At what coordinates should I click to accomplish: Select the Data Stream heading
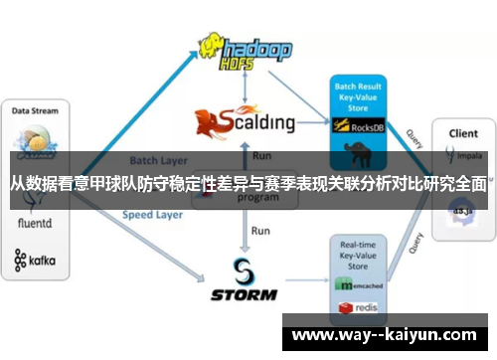pos(35,111)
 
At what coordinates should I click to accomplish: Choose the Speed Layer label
pos(151,214)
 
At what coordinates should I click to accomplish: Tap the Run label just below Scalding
pos(262,156)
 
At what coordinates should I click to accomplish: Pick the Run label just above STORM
pos(260,231)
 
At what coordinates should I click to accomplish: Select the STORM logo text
pos(246,294)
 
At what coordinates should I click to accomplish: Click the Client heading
pos(463,132)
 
